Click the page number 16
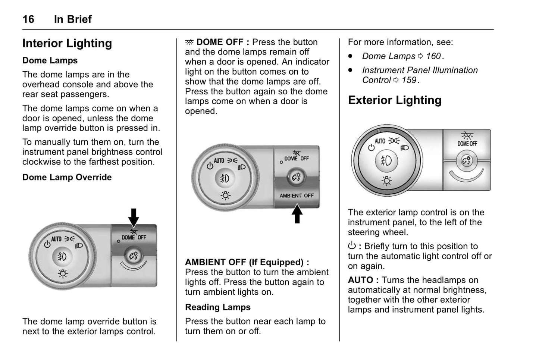[x=28, y=19]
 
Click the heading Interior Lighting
[x=67, y=43]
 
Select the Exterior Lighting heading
[x=395, y=100]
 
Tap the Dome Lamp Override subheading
[x=67, y=177]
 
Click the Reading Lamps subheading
[x=218, y=307]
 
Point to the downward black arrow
[x=134, y=217]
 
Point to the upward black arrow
[x=297, y=213]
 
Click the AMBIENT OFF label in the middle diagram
[x=297, y=195]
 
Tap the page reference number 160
[x=433, y=56]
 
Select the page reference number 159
[x=409, y=80]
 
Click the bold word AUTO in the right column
[x=360, y=280]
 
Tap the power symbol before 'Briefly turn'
[x=352, y=245]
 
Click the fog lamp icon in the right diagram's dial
[x=386, y=160]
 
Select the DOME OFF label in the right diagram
[x=467, y=144]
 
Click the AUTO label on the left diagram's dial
[x=57, y=239]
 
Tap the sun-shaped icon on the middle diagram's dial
[x=225, y=195]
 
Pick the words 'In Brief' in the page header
[x=73, y=19]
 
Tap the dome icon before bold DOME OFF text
[x=189, y=42]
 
